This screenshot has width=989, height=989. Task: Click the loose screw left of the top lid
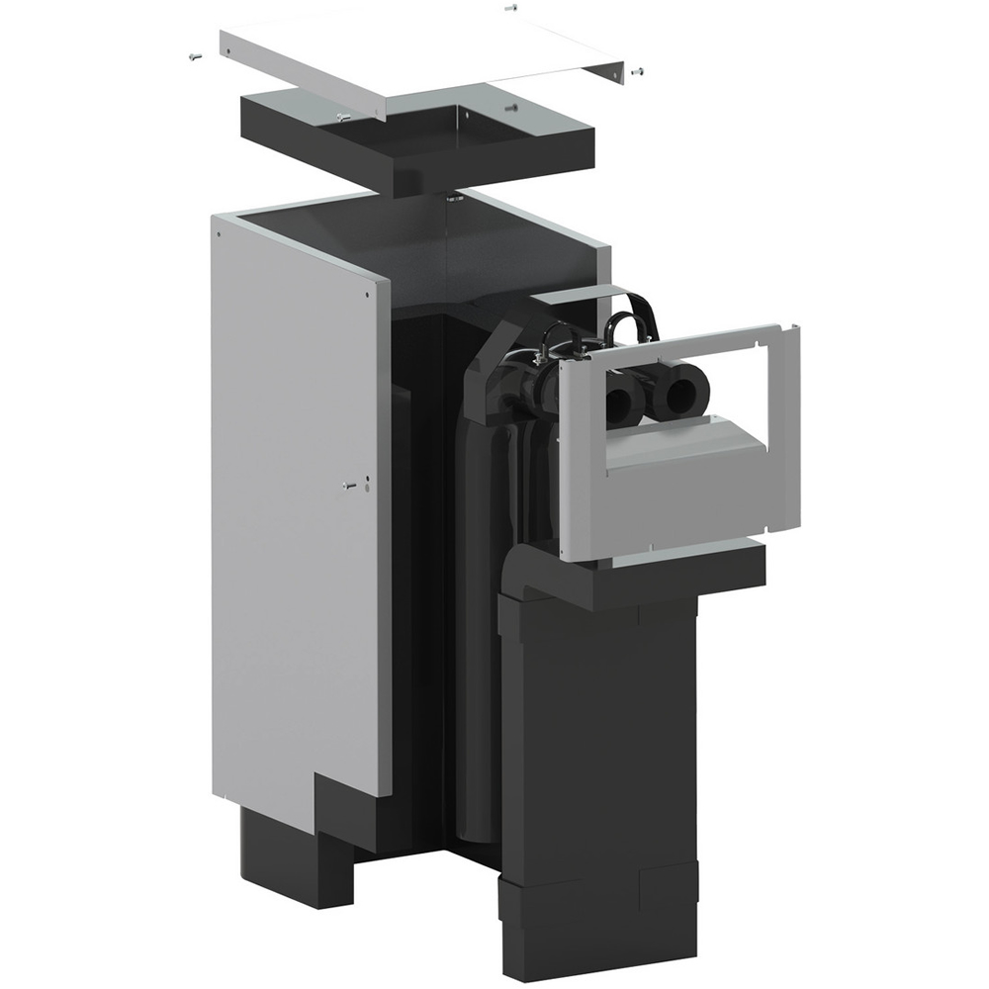coord(193,56)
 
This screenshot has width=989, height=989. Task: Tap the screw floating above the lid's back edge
coord(510,8)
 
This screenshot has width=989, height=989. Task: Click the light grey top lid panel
coord(425,59)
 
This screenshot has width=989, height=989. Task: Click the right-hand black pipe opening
coord(680,397)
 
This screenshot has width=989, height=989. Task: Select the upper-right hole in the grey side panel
coord(368,293)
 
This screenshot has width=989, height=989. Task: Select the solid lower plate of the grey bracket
coord(682,494)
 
